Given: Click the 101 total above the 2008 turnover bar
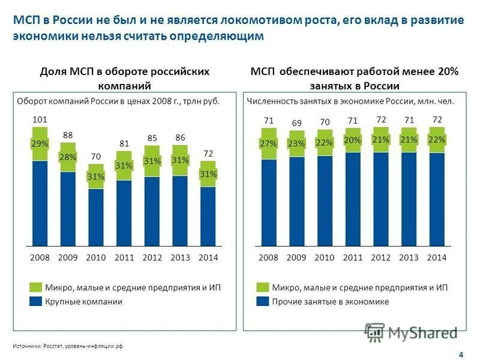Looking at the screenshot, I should click(x=40, y=120).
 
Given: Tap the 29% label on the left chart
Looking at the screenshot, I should click(x=40, y=144).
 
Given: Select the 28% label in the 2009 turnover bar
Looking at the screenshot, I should click(x=68, y=157).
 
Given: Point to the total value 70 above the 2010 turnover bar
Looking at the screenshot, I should click(x=96, y=157).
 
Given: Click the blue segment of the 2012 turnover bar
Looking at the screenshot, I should click(x=152, y=210).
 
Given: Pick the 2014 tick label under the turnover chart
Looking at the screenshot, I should click(x=208, y=257).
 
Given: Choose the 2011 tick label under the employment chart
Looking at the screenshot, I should click(x=353, y=257).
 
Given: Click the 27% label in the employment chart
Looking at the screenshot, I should click(x=269, y=143).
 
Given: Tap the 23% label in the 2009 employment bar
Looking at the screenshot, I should click(x=296, y=143).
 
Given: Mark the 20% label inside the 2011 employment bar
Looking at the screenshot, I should click(x=353, y=140).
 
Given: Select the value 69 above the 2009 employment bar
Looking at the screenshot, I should click(x=296, y=123).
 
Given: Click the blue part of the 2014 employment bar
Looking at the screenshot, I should click(x=437, y=198).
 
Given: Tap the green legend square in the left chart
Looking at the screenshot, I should click(x=35, y=287).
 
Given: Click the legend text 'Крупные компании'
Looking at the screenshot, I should click(x=83, y=302).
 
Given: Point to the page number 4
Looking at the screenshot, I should click(x=460, y=354).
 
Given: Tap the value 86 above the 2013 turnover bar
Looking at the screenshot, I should click(x=180, y=138).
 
